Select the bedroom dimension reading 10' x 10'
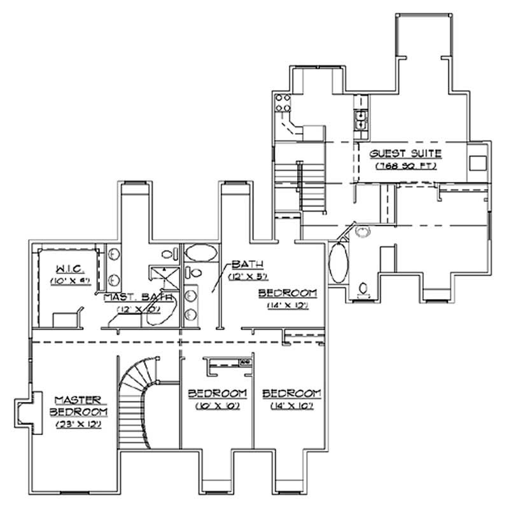218,406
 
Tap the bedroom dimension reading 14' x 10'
291,406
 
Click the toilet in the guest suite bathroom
363,289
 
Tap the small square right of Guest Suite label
476,162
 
